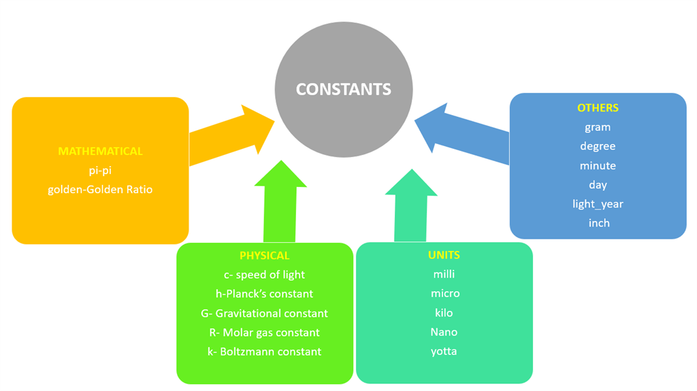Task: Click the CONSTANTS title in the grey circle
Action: tap(344, 89)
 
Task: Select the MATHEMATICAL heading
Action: tap(100, 151)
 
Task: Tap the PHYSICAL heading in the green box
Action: tap(265, 256)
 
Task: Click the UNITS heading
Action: tap(444, 255)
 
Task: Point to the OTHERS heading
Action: tap(598, 107)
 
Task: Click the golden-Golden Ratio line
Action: tap(100, 190)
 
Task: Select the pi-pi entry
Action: tap(100, 171)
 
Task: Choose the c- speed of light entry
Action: tap(264, 275)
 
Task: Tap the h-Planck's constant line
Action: tap(264, 294)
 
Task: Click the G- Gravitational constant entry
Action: tap(264, 313)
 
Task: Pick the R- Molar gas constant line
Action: tap(264, 333)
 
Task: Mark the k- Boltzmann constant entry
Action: tap(264, 352)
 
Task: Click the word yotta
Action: tap(444, 352)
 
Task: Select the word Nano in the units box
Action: tap(444, 332)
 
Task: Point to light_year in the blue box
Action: tap(598, 204)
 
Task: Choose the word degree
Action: tap(598, 146)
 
